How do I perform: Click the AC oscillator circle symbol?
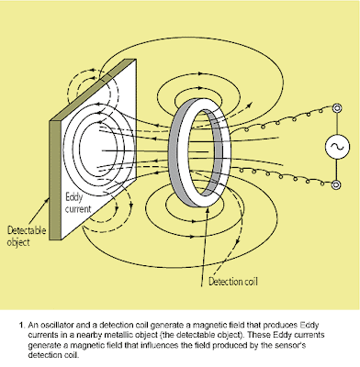(337, 147)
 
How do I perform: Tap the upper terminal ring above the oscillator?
(337, 108)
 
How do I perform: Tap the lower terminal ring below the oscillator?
(336, 184)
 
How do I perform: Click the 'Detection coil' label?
(233, 282)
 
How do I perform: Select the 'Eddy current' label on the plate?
(78, 203)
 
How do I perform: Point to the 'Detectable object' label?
(27, 236)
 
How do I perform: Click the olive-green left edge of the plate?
(55, 181)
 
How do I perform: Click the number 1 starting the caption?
(21, 325)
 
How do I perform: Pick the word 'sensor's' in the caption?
(292, 345)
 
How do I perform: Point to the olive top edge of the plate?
(93, 90)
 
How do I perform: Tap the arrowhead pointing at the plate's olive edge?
(47, 200)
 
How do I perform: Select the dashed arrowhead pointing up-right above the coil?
(250, 105)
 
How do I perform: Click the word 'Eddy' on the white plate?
(74, 197)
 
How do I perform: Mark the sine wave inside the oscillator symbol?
(337, 147)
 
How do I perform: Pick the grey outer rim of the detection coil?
(176, 153)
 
